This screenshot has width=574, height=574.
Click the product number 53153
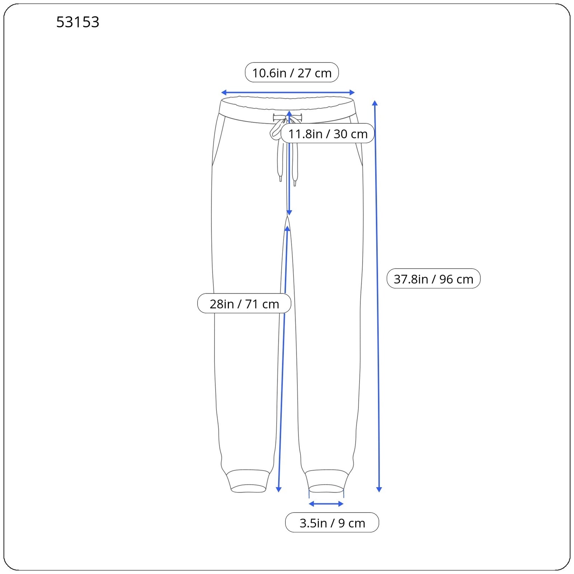pos(77,22)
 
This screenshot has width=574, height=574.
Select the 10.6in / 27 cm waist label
pos(292,72)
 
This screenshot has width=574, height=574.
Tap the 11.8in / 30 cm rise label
pos(328,133)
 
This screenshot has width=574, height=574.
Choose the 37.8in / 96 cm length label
pos(433,278)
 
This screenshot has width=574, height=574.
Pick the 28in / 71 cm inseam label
pos(244,304)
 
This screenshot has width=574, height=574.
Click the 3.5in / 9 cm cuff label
pos(332,523)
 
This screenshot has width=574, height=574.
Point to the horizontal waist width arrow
pos(288,93)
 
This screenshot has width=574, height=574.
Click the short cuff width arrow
pos(326,504)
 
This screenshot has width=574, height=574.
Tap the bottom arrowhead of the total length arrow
pos(379,489)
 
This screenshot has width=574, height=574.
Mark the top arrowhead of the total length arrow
pos(375,103)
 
